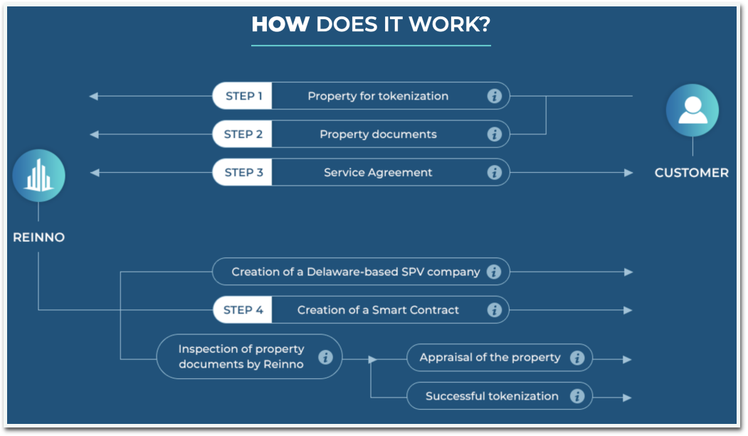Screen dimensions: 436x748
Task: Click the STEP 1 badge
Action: (x=243, y=96)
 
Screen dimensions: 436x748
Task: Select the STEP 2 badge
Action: (x=243, y=134)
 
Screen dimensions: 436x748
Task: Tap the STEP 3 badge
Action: (x=243, y=172)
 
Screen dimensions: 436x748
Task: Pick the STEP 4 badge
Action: (x=243, y=310)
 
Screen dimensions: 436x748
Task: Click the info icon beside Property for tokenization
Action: (x=495, y=96)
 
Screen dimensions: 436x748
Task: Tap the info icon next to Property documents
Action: (x=495, y=134)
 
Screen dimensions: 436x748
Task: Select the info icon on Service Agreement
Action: (x=495, y=172)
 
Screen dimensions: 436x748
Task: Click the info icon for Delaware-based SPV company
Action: (x=495, y=272)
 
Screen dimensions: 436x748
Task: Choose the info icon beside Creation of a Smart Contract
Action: (x=495, y=310)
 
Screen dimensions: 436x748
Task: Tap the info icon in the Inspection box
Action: (x=325, y=357)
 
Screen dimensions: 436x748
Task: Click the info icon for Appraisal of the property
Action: (x=577, y=358)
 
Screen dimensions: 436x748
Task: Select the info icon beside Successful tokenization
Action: (x=577, y=396)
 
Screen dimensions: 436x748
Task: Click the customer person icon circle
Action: (x=692, y=111)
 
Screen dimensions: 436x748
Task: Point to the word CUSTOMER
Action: (x=692, y=173)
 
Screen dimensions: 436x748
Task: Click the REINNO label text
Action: (x=39, y=238)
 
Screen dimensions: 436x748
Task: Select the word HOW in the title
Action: (x=280, y=25)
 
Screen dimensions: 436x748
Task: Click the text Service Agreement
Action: (x=378, y=172)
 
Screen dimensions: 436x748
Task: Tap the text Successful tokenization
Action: (x=492, y=396)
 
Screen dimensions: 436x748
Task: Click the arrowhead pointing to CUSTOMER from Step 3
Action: (x=628, y=172)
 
